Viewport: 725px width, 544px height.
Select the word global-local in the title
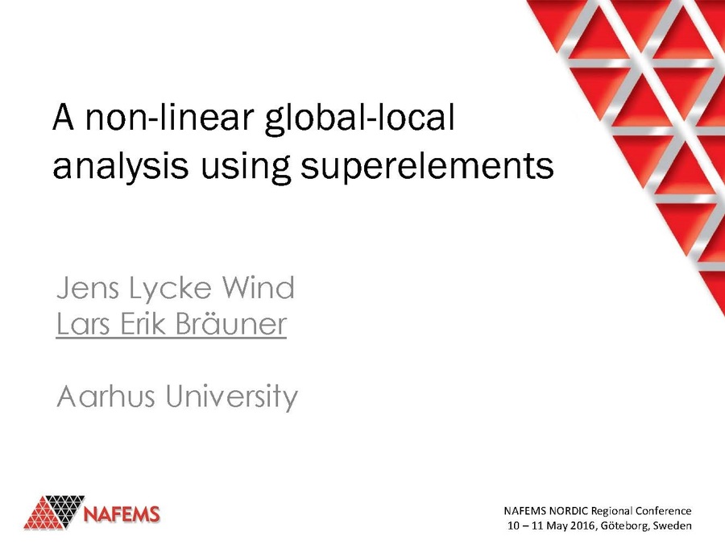click(359, 120)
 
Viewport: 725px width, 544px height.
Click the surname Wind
click(261, 289)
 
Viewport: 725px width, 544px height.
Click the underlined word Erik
click(147, 324)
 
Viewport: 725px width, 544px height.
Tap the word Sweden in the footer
click(673, 526)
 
